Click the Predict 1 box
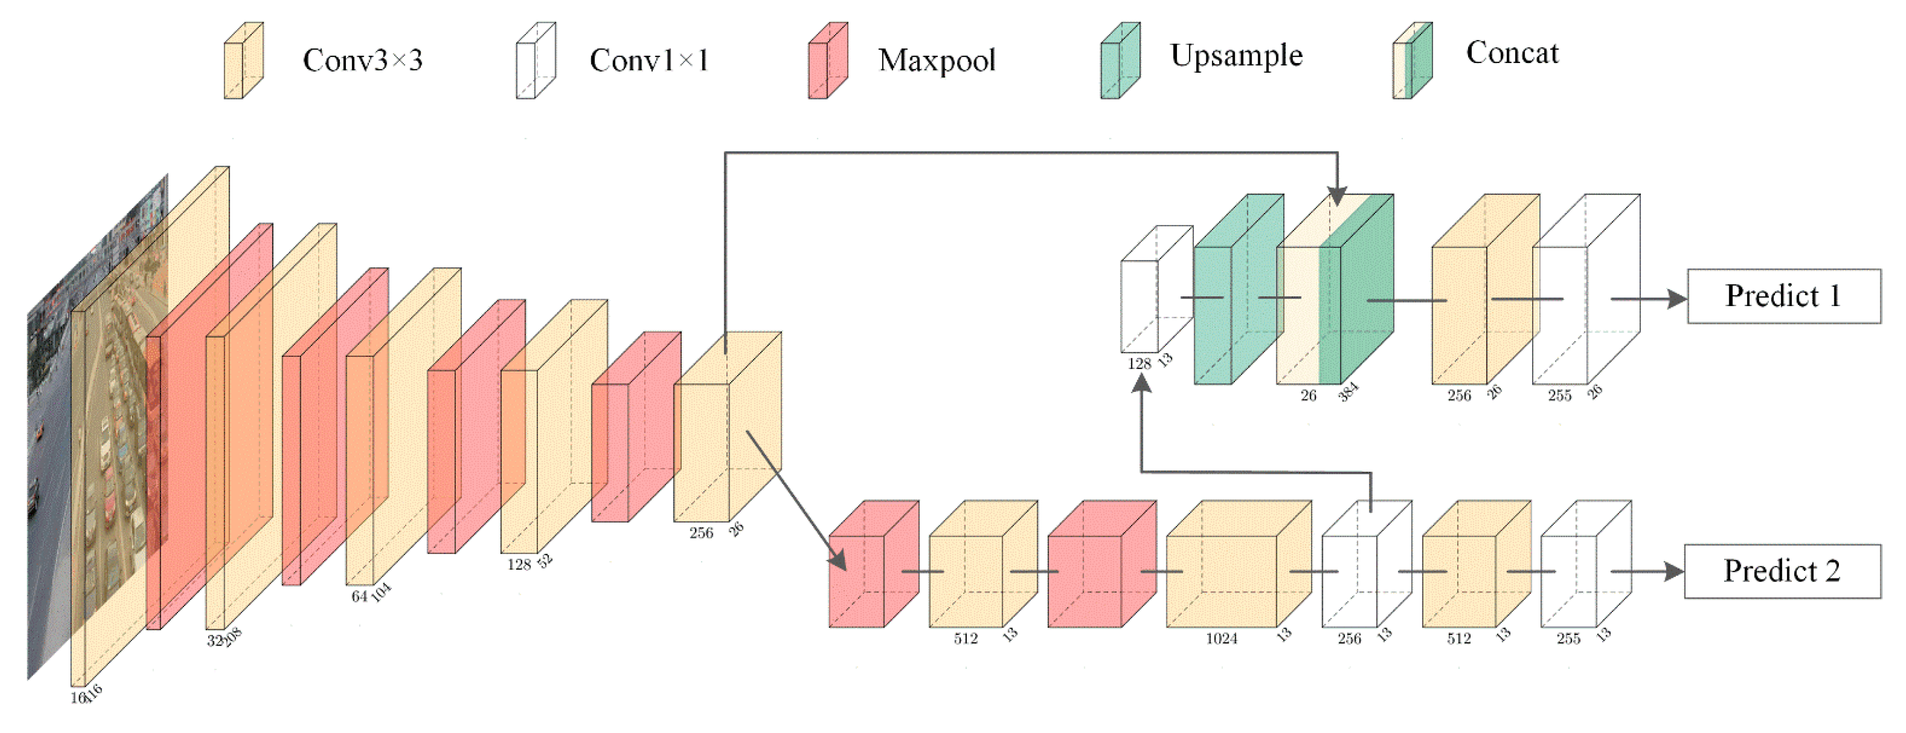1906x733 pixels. tap(1783, 296)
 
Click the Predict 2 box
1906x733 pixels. tap(1782, 571)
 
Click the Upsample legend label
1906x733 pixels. tap(1235, 55)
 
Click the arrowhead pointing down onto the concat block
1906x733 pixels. tap(1336, 196)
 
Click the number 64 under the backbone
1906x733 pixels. tap(359, 597)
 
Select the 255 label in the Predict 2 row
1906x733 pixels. tap(1568, 638)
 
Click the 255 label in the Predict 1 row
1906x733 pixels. tap(1559, 395)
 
